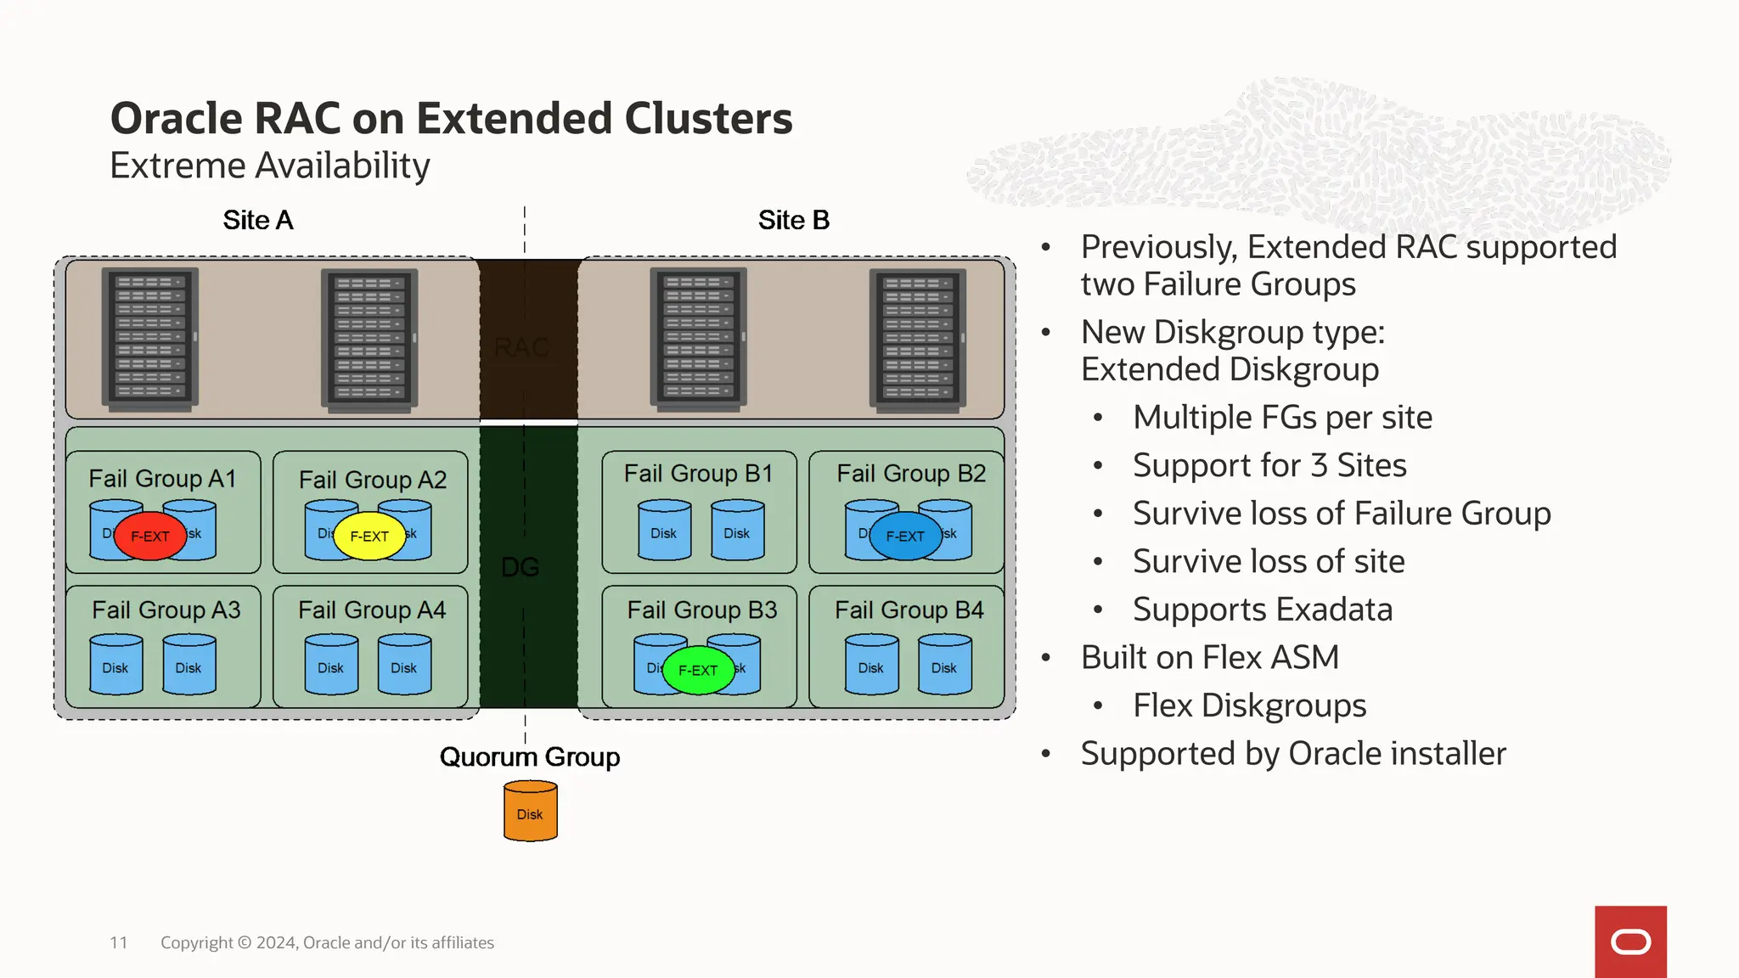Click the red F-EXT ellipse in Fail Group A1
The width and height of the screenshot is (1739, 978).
click(149, 536)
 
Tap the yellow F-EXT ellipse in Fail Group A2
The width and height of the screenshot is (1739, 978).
click(369, 536)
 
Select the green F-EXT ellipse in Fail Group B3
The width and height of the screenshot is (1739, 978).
click(698, 670)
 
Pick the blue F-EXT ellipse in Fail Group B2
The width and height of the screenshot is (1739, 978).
click(905, 536)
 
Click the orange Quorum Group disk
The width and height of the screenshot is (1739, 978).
click(530, 812)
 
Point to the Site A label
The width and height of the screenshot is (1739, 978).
click(258, 221)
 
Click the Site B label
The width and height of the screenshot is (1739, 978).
click(793, 221)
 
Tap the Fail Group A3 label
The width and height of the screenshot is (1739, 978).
click(166, 610)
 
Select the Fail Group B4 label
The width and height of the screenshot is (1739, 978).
click(909, 610)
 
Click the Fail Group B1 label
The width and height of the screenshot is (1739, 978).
click(698, 474)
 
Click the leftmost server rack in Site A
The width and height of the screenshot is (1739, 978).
click(150, 339)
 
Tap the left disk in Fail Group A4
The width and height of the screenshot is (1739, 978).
click(330, 665)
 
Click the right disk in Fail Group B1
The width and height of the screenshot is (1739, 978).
click(736, 531)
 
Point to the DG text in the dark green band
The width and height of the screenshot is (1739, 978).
click(521, 567)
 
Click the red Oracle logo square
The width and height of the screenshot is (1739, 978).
click(1630, 941)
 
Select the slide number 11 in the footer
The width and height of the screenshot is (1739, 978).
click(119, 942)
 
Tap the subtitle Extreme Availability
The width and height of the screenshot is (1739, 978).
click(270, 166)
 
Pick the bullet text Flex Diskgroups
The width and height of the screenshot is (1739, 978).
click(1249, 705)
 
